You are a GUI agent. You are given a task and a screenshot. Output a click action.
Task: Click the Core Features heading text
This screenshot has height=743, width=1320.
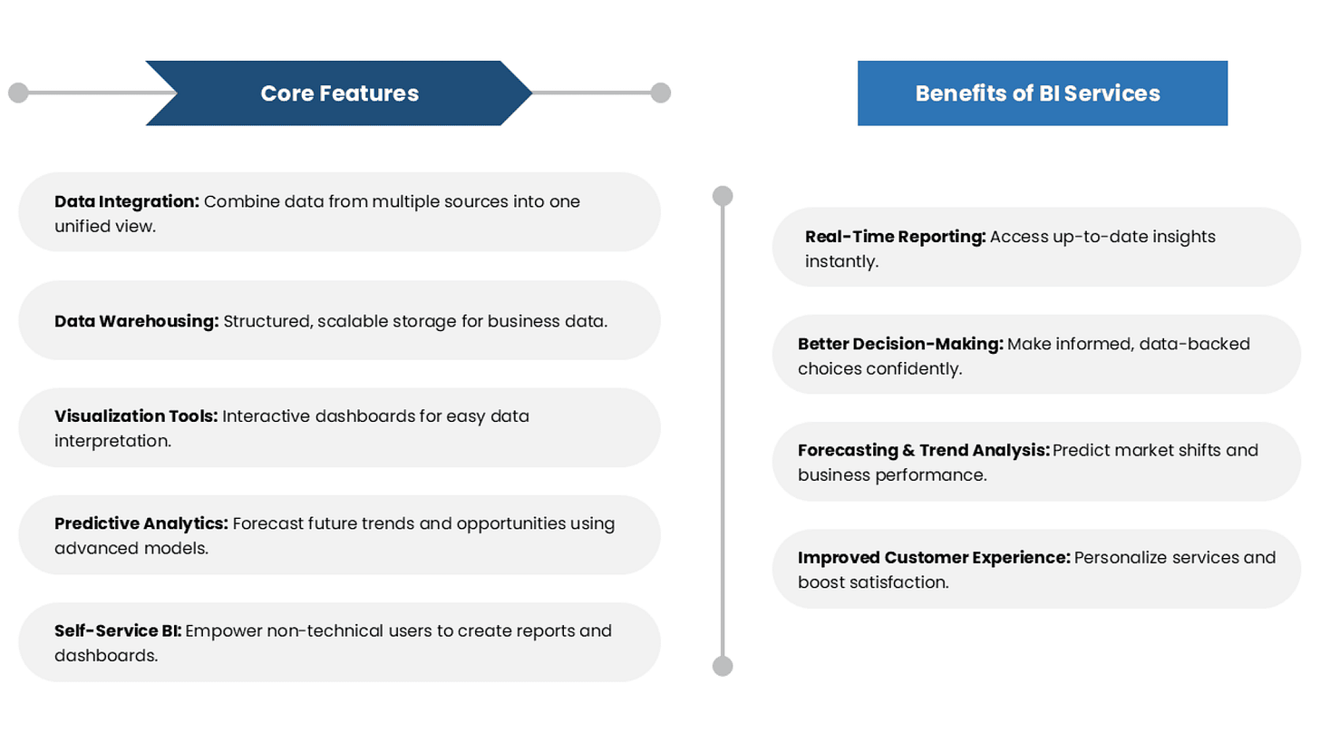pyautogui.click(x=339, y=93)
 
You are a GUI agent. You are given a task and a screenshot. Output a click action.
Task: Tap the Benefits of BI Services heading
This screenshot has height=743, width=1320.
pyautogui.click(x=1037, y=93)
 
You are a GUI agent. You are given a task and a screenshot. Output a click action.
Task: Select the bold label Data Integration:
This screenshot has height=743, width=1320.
pyautogui.click(x=127, y=201)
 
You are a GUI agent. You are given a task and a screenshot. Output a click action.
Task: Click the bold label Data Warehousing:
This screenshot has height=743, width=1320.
pyautogui.click(x=136, y=321)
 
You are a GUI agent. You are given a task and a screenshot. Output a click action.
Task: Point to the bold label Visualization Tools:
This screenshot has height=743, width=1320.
pyautogui.click(x=136, y=416)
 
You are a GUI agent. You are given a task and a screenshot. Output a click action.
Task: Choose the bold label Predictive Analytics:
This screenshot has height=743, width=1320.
pyautogui.click(x=141, y=523)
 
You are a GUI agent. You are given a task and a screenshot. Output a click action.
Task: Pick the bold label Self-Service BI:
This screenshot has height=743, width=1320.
pyautogui.click(x=118, y=631)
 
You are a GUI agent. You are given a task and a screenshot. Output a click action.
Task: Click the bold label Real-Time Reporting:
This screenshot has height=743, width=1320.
pyautogui.click(x=895, y=237)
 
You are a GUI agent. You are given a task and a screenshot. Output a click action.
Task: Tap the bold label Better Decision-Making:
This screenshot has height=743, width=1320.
pyautogui.click(x=900, y=344)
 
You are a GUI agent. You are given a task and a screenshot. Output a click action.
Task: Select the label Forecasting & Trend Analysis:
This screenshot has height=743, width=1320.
pyautogui.click(x=923, y=450)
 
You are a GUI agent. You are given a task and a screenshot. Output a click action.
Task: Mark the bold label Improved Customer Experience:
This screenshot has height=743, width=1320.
pyautogui.click(x=934, y=557)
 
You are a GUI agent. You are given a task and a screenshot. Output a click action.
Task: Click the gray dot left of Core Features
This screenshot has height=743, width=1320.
pyautogui.click(x=18, y=93)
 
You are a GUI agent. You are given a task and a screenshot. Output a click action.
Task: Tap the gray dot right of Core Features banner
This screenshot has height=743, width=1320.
pyautogui.click(x=661, y=93)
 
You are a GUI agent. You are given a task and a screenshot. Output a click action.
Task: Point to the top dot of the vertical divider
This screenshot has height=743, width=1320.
pyautogui.click(x=723, y=195)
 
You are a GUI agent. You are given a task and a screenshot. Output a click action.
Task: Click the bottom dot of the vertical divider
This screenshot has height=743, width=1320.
pyautogui.click(x=723, y=667)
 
